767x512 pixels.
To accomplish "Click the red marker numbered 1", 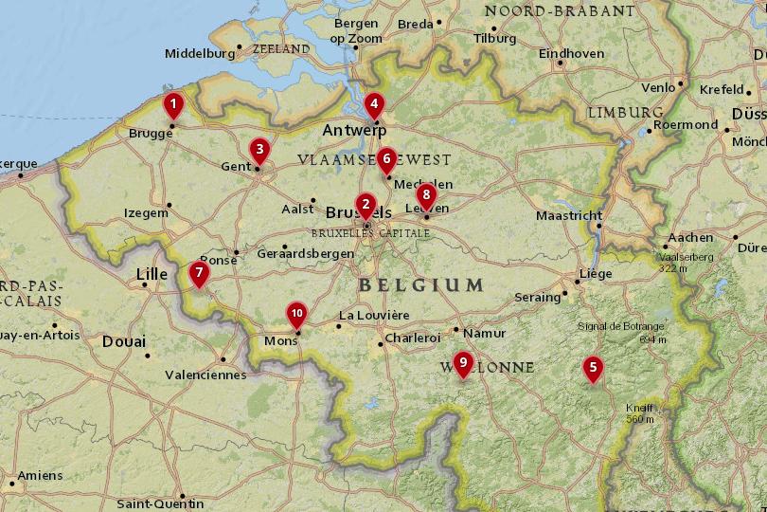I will click(172, 104).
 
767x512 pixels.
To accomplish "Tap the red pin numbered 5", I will click(593, 368).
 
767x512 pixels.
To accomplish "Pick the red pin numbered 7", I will click(199, 273).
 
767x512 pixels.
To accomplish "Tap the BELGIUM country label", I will click(421, 284).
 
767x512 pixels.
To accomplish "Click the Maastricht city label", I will click(569, 215).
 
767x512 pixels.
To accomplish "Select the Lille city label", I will click(152, 274).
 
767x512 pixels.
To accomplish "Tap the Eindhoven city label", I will click(571, 53).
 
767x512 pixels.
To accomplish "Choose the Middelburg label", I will click(199, 54).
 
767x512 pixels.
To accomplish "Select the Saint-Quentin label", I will click(159, 503).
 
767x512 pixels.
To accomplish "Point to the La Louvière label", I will click(373, 315).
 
